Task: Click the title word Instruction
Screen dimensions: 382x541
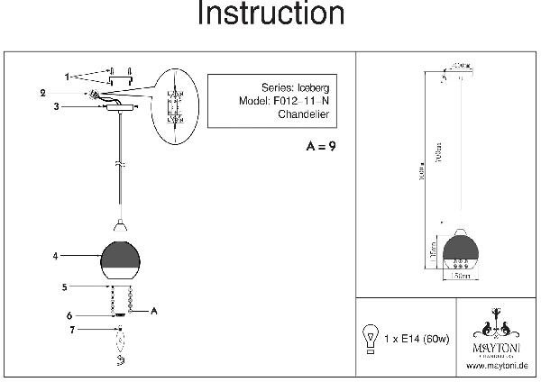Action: click(270, 15)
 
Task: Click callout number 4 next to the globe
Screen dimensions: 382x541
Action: click(57, 256)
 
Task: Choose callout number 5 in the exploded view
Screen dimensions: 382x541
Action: click(64, 288)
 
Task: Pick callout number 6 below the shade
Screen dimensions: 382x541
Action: click(69, 315)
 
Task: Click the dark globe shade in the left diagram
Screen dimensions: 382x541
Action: click(119, 259)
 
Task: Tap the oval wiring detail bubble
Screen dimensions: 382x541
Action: click(176, 106)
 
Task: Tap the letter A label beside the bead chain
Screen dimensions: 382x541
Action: click(154, 311)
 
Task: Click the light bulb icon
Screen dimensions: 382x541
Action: click(369, 336)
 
